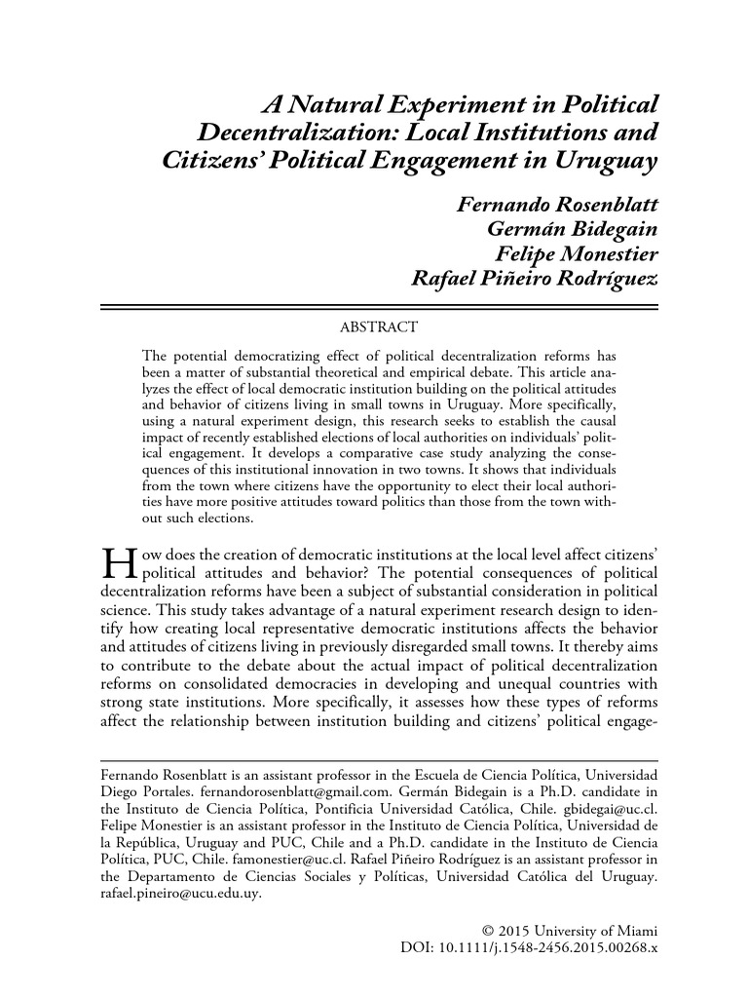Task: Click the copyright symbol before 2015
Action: pos(490,929)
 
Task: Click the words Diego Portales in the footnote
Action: pos(143,794)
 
